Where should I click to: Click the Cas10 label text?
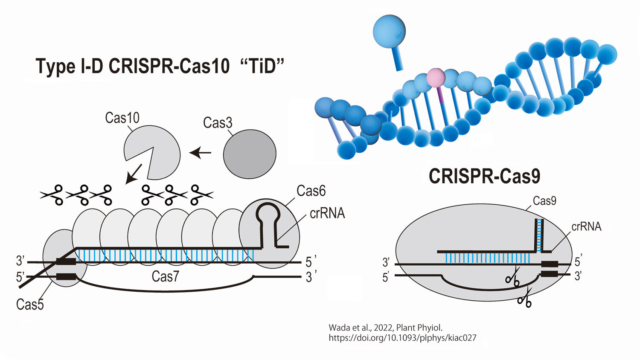[x=122, y=118]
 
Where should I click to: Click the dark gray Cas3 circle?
[x=250, y=154]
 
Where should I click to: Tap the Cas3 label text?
[x=218, y=123]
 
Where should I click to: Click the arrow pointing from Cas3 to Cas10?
[x=201, y=152]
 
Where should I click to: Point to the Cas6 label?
[x=311, y=191]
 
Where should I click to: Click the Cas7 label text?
[x=165, y=276]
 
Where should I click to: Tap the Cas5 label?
[x=30, y=304]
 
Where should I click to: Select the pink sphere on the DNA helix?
[x=436, y=78]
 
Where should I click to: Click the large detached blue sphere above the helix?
[x=389, y=31]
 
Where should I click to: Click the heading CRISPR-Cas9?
[x=484, y=176]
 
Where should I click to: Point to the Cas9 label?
[x=544, y=200]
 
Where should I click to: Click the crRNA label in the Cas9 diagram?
[x=586, y=226]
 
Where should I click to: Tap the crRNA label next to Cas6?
[x=327, y=213]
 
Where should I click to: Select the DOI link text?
[x=402, y=338]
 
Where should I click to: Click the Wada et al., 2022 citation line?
[x=385, y=328]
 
